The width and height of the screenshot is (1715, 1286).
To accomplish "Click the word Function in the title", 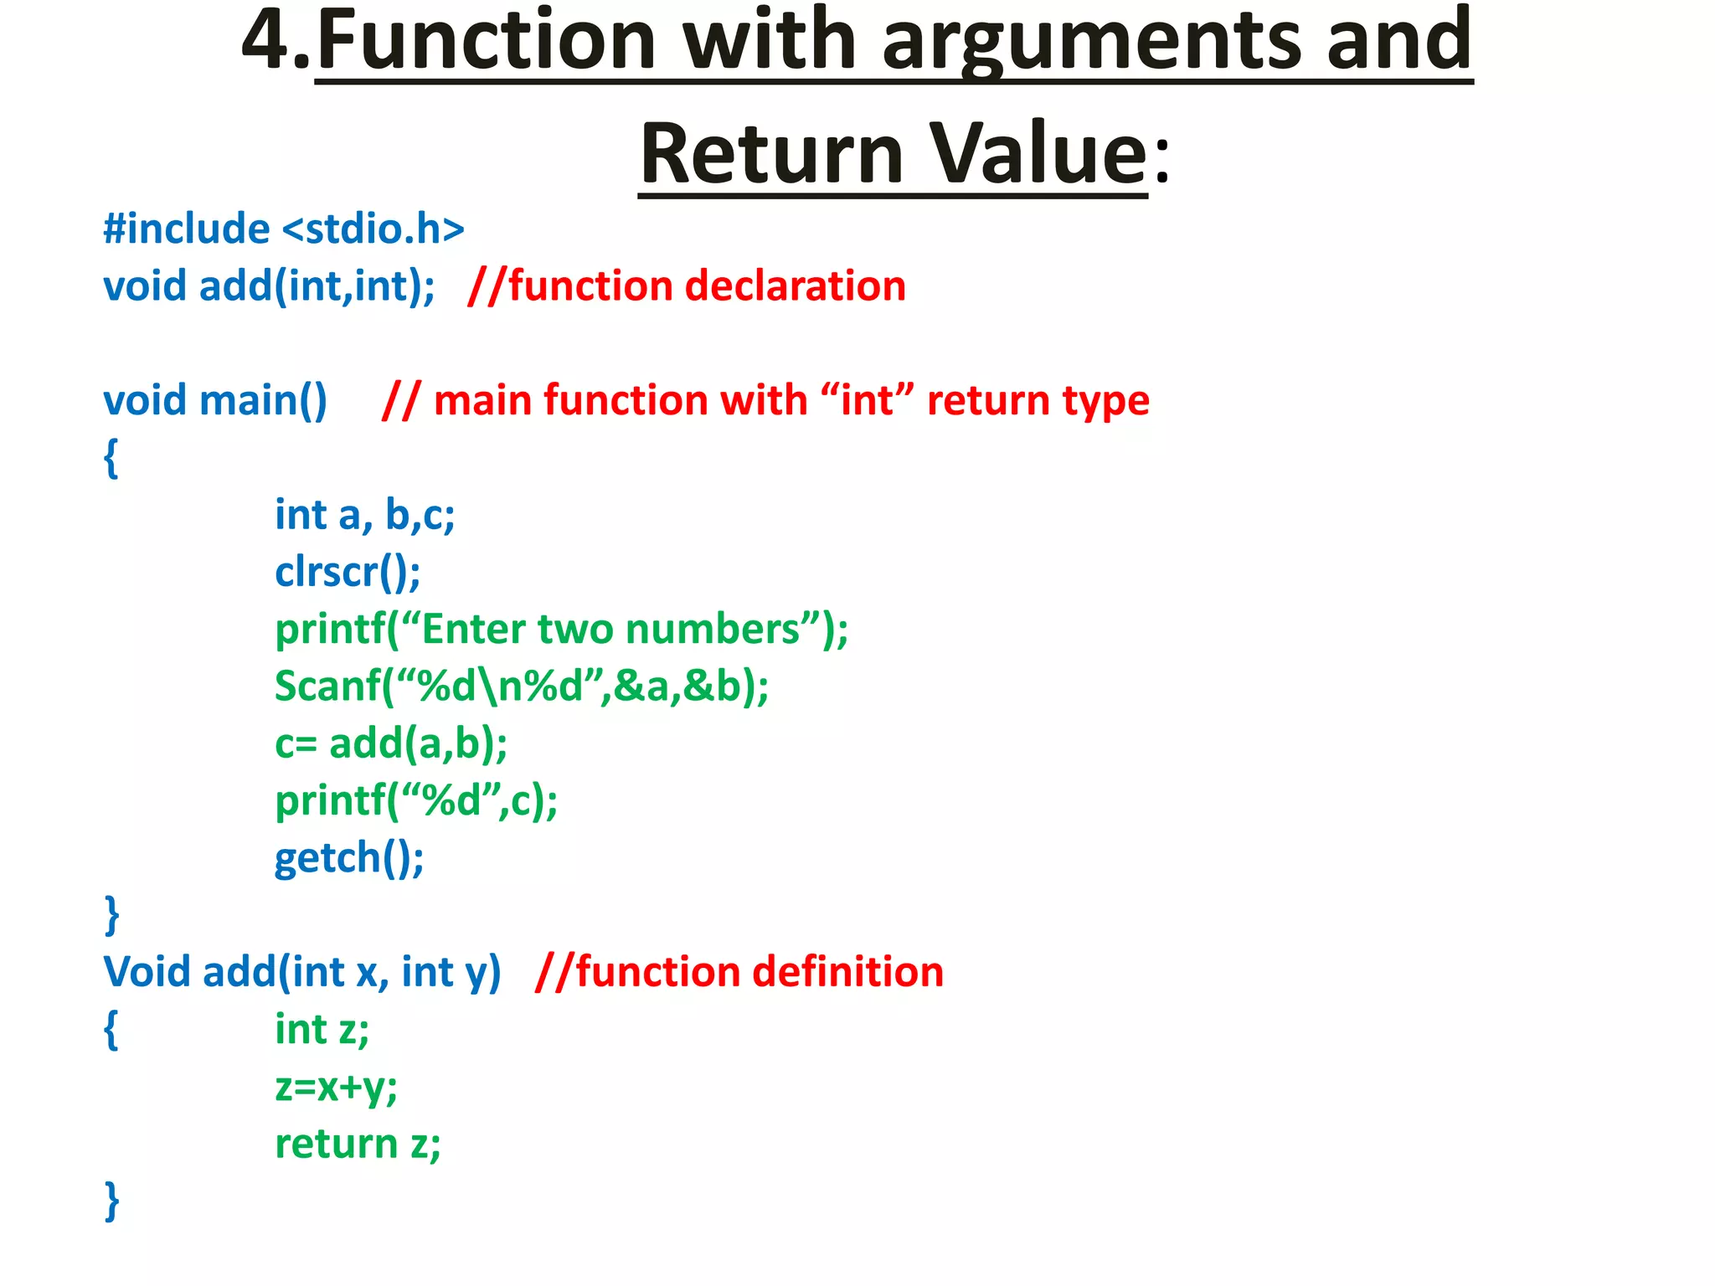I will tap(486, 40).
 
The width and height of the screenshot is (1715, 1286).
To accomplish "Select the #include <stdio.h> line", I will tap(283, 229).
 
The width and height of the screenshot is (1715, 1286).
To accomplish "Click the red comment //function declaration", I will tap(687, 286).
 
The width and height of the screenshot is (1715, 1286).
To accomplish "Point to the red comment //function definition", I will tap(739, 972).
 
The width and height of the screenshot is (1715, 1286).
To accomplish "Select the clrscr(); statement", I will tap(348, 573).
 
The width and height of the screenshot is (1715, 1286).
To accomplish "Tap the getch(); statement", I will tap(349, 858).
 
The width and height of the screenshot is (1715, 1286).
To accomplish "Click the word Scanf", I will tap(327, 687).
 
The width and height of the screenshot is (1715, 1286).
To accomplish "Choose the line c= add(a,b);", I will tap(391, 743).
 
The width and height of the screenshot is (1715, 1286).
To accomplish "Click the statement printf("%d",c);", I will tap(416, 801).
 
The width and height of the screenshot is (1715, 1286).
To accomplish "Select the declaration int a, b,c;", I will tap(364, 515).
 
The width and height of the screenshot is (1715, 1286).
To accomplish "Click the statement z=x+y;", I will tap(336, 1087).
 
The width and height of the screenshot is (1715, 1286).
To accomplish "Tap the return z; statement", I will tap(358, 1144).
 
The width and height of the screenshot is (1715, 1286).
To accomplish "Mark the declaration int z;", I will tap(322, 1030).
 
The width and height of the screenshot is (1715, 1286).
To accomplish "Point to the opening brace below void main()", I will tap(111, 458).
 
